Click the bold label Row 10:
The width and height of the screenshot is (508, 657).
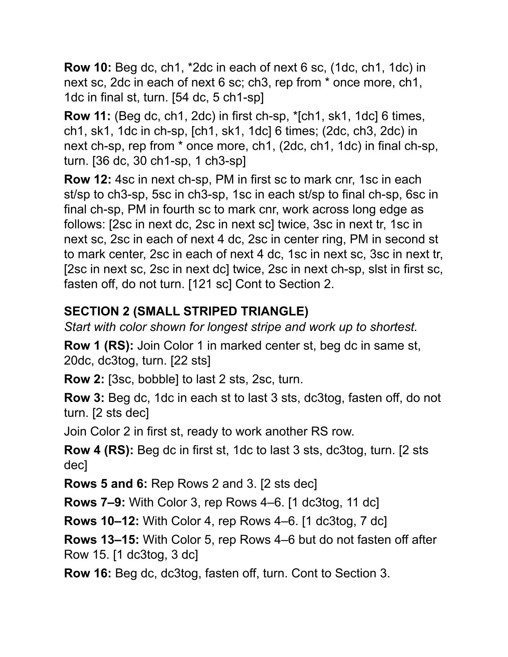pos(88,67)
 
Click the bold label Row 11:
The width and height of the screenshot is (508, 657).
pos(87,116)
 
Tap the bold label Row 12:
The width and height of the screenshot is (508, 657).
pos(88,180)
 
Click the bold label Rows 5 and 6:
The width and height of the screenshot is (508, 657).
pos(106,484)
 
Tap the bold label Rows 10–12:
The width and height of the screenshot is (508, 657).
pos(102,521)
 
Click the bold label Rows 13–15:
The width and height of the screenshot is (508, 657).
pos(102,540)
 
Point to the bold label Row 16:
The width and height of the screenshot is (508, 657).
pos(88,573)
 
